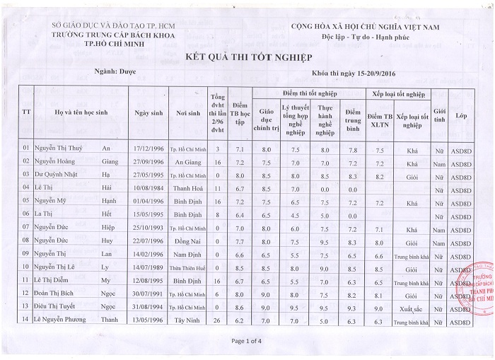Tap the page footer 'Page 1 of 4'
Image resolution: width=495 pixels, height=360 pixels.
pyautogui.click(x=247, y=341)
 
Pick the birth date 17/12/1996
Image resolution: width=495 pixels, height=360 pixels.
pyautogui.click(x=148, y=149)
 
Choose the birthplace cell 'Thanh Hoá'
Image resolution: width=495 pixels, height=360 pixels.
pyautogui.click(x=189, y=188)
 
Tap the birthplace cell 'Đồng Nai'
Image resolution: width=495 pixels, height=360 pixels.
pyautogui.click(x=189, y=240)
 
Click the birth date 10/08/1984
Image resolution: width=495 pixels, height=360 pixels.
pyautogui.click(x=148, y=188)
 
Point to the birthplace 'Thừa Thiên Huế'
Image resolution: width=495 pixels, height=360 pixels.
pyautogui.click(x=189, y=267)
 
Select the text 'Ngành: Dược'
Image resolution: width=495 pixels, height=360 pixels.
pyautogui.click(x=110, y=71)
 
